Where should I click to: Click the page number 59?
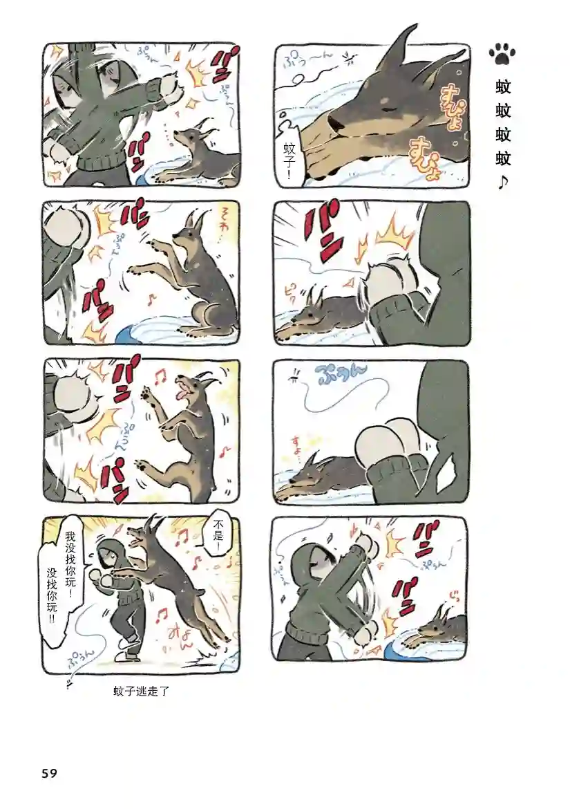click(x=49, y=773)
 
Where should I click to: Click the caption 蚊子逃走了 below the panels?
click(x=142, y=690)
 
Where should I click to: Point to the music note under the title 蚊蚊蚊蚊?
click(x=503, y=183)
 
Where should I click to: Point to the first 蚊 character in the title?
click(x=503, y=87)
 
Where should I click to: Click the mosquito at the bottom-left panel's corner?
click(x=69, y=684)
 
